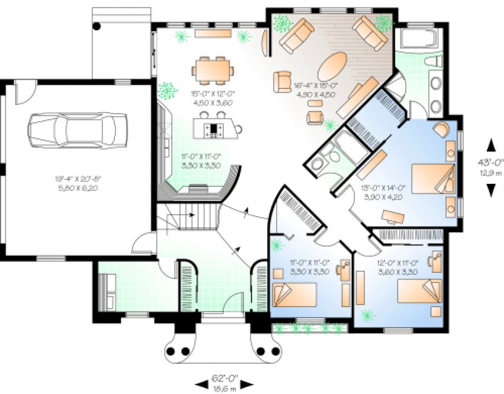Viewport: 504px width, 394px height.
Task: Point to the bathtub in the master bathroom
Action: click(418, 40)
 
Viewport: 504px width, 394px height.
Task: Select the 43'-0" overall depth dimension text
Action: click(490, 161)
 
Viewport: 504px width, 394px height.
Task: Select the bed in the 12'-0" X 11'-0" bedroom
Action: click(419, 291)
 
